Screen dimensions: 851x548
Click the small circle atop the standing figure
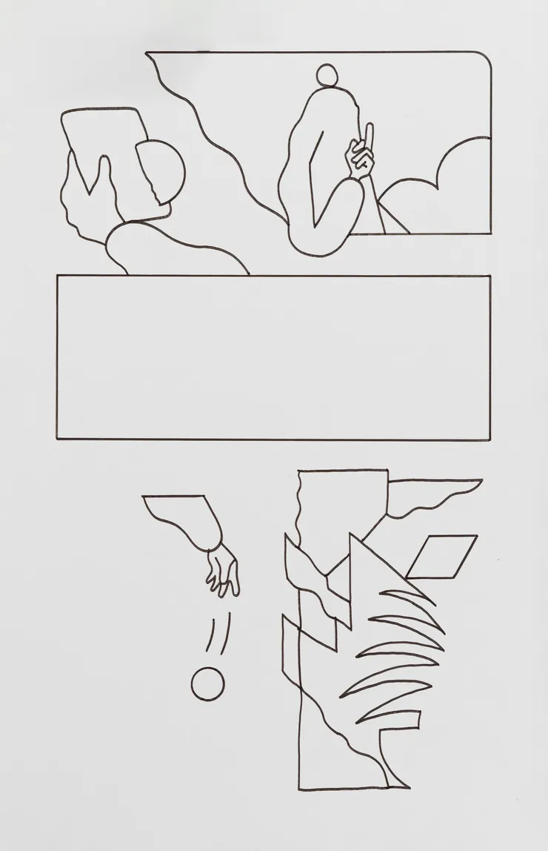click(327, 76)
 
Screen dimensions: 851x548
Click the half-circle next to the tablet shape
click(165, 171)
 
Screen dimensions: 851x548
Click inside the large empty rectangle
click(273, 357)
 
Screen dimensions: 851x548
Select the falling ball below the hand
click(207, 683)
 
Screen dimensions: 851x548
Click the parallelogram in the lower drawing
click(441, 555)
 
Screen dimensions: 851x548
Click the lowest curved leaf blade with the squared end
click(392, 717)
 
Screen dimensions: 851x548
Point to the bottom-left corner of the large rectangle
click(58, 438)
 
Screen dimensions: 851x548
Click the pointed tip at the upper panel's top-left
click(148, 53)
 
